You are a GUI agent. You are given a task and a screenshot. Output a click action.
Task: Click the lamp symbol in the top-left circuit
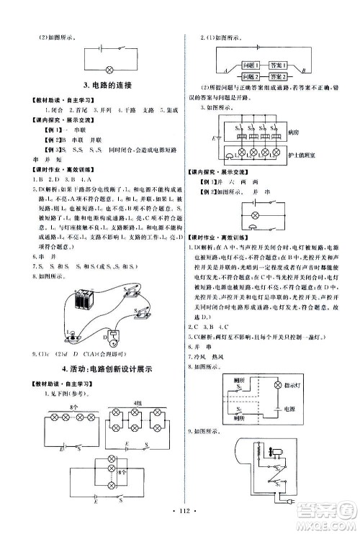click(109, 70)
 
